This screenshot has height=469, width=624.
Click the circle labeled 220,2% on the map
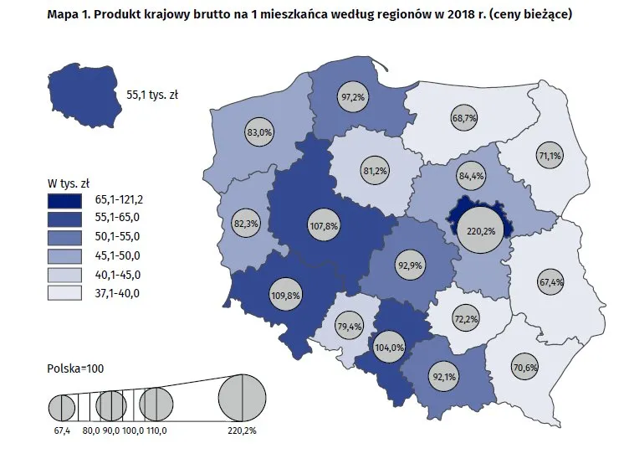[483, 230]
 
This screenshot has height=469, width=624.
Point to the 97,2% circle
[353, 98]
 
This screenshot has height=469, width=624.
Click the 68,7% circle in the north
[463, 118]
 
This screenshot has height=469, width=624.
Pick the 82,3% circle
[246, 224]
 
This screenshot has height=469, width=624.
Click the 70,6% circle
[524, 367]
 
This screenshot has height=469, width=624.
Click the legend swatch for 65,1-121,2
[64, 201]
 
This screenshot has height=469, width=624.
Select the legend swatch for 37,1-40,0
[64, 293]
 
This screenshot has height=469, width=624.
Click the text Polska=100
[75, 368]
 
